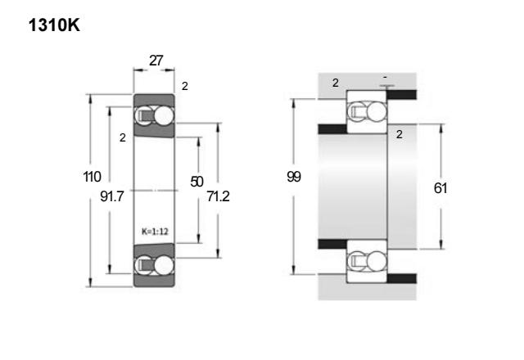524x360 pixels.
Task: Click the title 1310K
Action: click(x=54, y=25)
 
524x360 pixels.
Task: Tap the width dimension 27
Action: click(x=156, y=61)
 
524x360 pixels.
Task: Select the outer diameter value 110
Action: click(x=92, y=177)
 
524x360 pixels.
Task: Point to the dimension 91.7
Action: click(x=112, y=196)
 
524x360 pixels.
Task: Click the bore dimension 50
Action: click(x=196, y=182)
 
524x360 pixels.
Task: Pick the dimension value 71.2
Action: click(x=219, y=196)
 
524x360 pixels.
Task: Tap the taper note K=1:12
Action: click(x=155, y=232)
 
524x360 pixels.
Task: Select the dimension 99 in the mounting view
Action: click(x=294, y=177)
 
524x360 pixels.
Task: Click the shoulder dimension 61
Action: click(x=440, y=188)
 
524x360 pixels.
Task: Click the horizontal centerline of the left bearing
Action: click(x=154, y=191)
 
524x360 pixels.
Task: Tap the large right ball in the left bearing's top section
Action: click(x=164, y=116)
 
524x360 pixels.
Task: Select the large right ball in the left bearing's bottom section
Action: click(x=164, y=265)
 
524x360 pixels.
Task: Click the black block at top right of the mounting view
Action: click(x=402, y=95)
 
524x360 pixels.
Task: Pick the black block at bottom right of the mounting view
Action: click(x=402, y=278)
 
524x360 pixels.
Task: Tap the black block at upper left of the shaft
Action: click(x=332, y=129)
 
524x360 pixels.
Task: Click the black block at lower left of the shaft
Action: click(x=332, y=244)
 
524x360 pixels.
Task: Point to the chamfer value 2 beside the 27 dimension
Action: click(x=185, y=87)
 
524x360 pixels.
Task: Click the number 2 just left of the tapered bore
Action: click(x=123, y=137)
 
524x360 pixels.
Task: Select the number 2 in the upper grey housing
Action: click(x=336, y=83)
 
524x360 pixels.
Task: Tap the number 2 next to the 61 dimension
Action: click(x=399, y=134)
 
